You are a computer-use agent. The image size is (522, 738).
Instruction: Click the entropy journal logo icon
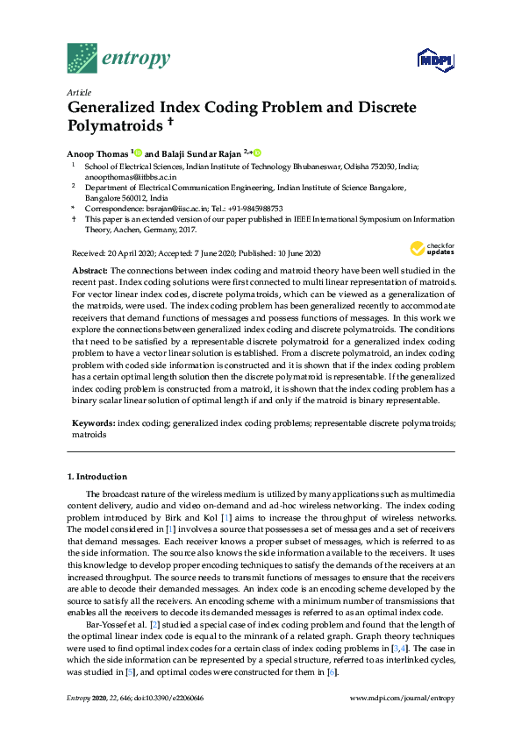point(83,57)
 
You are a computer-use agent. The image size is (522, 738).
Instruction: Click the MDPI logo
point(439,60)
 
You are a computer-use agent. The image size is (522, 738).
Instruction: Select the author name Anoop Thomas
point(97,153)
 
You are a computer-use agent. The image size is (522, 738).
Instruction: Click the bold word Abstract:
point(90,271)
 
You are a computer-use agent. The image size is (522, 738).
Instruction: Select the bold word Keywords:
point(94,422)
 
